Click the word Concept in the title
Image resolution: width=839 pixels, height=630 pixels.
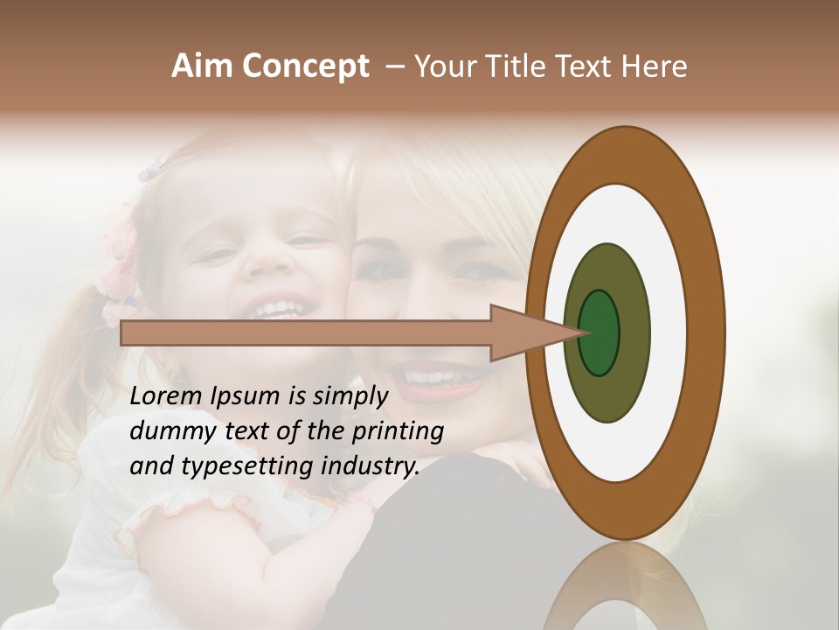click(304, 66)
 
